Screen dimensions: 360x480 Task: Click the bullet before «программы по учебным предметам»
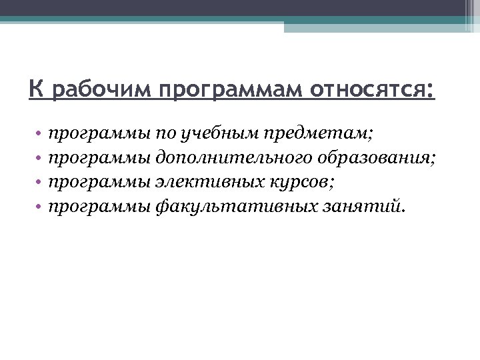[40, 135]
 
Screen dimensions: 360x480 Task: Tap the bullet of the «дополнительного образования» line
[40, 159]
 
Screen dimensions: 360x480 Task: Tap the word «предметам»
[319, 133]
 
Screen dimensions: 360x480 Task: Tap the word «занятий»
[359, 205]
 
